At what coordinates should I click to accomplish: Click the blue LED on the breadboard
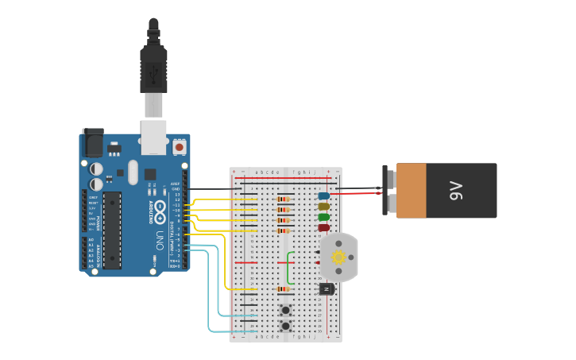[323, 195]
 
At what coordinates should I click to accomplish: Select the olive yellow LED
[323, 207]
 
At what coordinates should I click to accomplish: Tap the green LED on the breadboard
[323, 217]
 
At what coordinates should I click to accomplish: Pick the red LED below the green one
[323, 228]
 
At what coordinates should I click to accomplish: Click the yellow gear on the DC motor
[339, 257]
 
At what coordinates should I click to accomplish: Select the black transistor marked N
[326, 289]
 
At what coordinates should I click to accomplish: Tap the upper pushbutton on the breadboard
[285, 310]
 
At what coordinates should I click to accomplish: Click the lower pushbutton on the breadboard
[285, 326]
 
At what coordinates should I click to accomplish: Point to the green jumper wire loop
[290, 268]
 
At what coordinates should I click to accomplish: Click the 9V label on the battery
[455, 191]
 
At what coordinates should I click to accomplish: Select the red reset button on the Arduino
[179, 147]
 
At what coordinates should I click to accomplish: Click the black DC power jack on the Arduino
[93, 143]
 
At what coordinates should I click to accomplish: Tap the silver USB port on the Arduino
[153, 136]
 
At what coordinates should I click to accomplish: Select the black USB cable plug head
[153, 67]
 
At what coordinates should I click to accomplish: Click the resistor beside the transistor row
[284, 289]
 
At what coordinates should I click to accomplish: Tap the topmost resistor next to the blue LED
[284, 199]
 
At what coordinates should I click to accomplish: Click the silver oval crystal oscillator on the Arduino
[133, 172]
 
